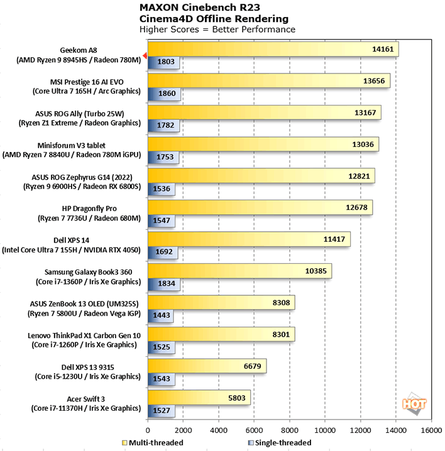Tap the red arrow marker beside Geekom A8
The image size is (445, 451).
pos(144,56)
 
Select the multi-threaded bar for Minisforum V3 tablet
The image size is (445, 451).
pos(263,144)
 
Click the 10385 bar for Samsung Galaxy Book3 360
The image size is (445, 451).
pos(239,271)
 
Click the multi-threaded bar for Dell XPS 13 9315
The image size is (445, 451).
pos(207,366)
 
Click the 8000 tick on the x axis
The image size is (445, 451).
pos(289,432)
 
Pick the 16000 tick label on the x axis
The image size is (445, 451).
pos(431,432)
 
